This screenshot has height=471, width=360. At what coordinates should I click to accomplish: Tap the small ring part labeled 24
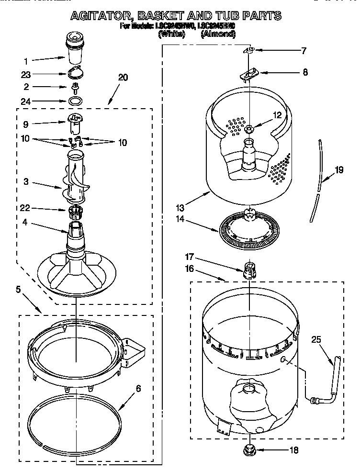[75, 101]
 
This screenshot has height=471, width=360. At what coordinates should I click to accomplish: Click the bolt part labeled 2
[75, 87]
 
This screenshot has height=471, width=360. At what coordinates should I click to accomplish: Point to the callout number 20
[123, 78]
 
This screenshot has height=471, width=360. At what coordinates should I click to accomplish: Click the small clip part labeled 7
[248, 50]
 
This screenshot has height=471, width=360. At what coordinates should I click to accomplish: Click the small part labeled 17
[248, 270]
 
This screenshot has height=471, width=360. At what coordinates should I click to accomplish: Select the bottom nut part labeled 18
[249, 450]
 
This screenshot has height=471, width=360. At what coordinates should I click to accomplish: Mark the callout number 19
[339, 169]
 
